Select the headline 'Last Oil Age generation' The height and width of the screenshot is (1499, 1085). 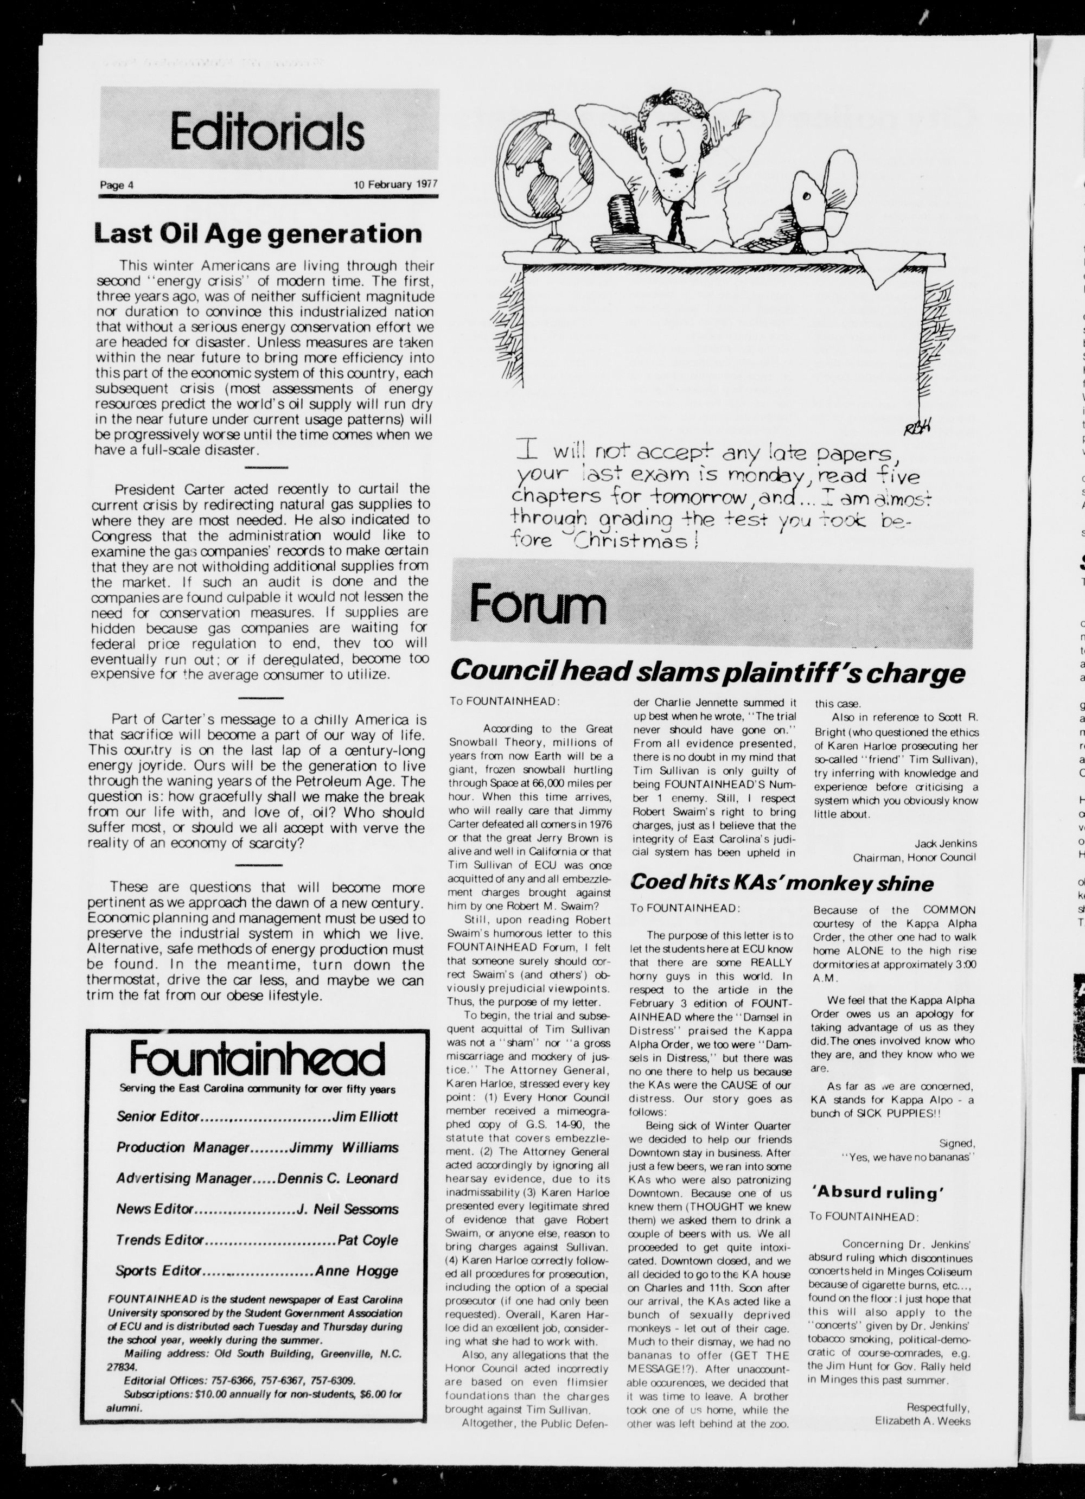pos(258,233)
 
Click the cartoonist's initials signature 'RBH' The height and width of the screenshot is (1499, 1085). pos(918,428)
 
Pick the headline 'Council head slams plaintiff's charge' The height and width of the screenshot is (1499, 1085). pos(707,672)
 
